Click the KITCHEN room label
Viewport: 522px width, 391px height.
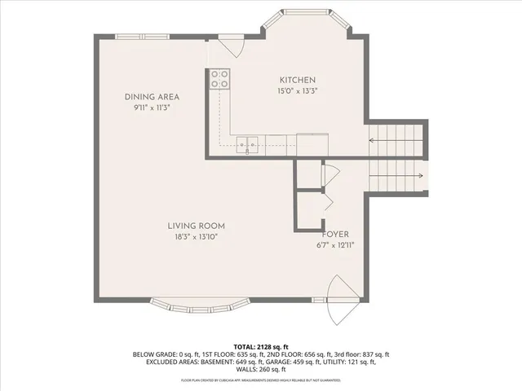(x=298, y=80)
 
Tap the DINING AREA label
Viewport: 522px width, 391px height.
(x=152, y=97)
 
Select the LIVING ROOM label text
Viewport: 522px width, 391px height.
(x=196, y=226)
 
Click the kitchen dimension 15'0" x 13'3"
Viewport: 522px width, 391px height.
(x=298, y=90)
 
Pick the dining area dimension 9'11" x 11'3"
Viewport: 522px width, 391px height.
(x=152, y=108)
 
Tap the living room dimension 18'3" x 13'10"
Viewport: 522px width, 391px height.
(x=196, y=237)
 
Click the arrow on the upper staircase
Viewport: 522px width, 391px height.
(x=396, y=140)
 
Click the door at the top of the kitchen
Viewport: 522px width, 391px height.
(x=232, y=46)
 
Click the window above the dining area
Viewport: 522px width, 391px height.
(x=143, y=36)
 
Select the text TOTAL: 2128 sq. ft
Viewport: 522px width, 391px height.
(x=261, y=346)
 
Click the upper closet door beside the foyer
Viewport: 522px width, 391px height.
(x=330, y=173)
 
